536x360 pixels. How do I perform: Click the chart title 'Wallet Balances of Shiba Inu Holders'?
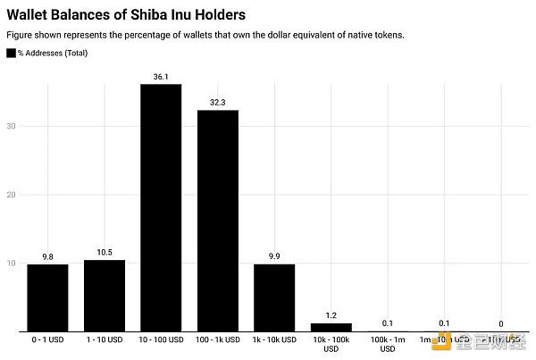pos(126,15)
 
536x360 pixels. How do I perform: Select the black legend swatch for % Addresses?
pos(11,54)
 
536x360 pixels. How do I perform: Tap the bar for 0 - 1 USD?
pos(47,297)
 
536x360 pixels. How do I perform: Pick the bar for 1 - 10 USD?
pos(105,296)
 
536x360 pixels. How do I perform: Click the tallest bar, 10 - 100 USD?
pos(161,207)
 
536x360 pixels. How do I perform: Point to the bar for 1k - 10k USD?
pos(274,297)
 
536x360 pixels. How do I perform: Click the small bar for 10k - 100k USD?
pos(331,327)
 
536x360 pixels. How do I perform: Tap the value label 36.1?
pos(161,77)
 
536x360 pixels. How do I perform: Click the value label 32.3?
pos(218,103)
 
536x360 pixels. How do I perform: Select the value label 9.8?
pos(47,257)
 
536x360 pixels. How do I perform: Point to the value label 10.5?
pos(105,253)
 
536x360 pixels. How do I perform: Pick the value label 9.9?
pos(274,256)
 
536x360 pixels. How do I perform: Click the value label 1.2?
pos(331,316)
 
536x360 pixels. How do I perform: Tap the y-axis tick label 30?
pos(11,126)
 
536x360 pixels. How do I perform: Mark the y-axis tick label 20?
pos(11,195)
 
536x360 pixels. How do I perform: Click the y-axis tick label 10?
pos(11,263)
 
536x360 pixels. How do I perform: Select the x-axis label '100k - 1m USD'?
pos(388,345)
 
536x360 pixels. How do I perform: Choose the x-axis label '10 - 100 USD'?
pos(161,340)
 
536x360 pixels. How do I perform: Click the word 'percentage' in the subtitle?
pos(147,35)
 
